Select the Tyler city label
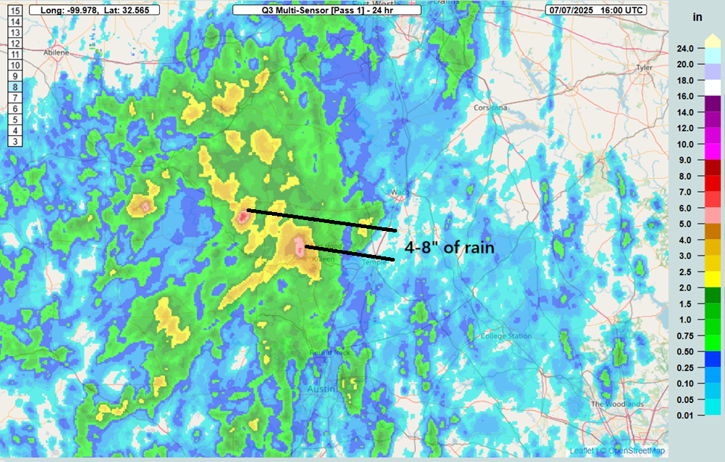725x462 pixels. click(x=644, y=67)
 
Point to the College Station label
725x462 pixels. click(x=506, y=336)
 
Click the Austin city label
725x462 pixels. click(x=321, y=389)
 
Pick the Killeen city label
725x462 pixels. click(x=322, y=259)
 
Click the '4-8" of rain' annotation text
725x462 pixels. click(x=449, y=248)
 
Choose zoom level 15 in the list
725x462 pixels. click(x=15, y=11)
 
